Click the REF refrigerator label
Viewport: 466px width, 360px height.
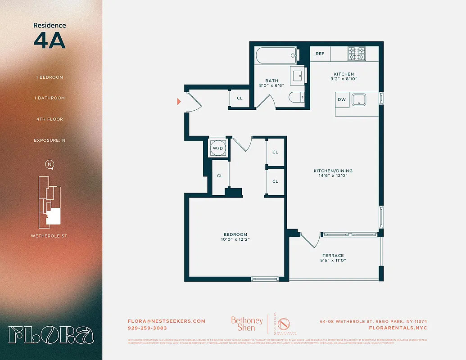[x=320, y=54]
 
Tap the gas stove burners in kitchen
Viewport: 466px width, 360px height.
[x=356, y=54]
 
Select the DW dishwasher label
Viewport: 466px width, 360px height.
[x=342, y=99]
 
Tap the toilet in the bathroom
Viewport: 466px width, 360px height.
[x=296, y=98]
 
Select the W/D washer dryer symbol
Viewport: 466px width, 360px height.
[x=218, y=148]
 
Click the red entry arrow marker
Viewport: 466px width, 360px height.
[x=179, y=102]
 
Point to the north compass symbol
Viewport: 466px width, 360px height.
[x=50, y=164]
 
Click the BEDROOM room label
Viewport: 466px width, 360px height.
[x=235, y=234]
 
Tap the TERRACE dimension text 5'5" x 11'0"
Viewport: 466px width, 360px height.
[x=333, y=261]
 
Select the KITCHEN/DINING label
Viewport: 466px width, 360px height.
[x=333, y=171]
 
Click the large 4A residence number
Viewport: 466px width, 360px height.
[x=50, y=40]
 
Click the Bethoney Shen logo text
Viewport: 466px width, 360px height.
[x=247, y=324]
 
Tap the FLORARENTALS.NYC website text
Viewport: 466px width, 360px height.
[x=398, y=328]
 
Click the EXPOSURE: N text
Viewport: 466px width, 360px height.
[x=50, y=140]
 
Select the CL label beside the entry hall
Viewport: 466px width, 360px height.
[x=240, y=98]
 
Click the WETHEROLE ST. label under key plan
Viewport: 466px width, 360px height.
[x=50, y=236]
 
